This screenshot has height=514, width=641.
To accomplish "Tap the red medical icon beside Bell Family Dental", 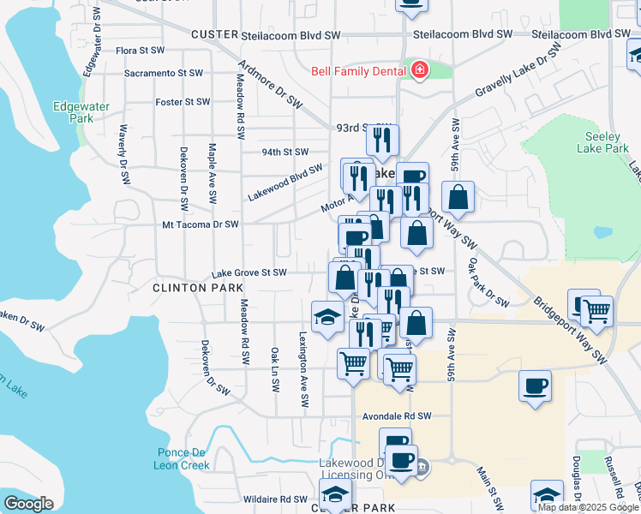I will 419,70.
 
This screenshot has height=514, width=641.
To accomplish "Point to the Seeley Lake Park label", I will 607,142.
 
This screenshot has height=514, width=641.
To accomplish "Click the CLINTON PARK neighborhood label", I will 197,289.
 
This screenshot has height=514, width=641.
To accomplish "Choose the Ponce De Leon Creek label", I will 183,459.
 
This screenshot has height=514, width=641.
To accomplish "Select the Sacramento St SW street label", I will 163,74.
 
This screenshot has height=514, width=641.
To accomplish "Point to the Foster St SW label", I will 183,102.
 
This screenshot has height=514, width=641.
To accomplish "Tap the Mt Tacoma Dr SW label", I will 201,224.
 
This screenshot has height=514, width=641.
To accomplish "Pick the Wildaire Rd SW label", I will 275,499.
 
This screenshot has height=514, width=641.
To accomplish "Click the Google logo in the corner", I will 28,504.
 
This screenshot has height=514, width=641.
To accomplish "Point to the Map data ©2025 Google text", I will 589,507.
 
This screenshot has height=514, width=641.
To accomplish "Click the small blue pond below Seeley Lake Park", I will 603,232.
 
